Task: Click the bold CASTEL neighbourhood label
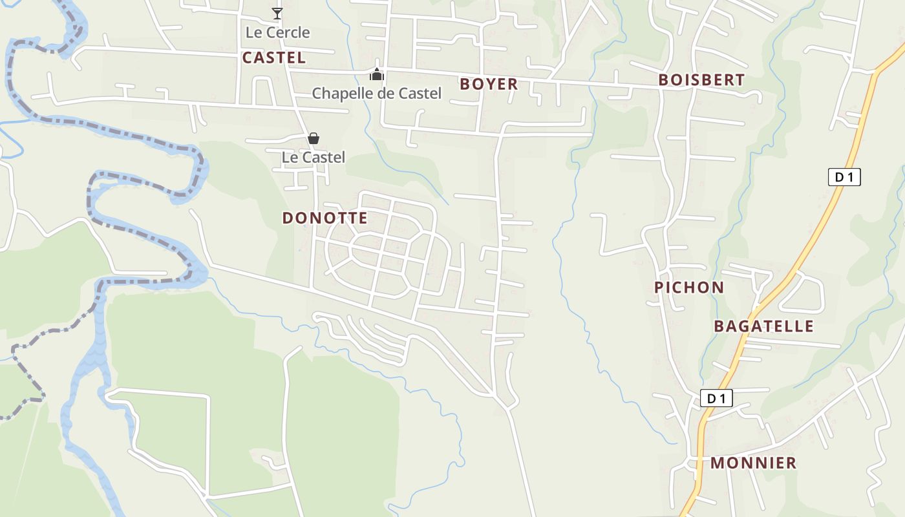[274, 58]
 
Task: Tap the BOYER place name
[489, 84]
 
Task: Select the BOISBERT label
[701, 80]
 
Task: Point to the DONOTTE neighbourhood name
[325, 218]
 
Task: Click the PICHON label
[689, 288]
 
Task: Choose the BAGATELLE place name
[763, 326]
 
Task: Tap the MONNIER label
[753, 463]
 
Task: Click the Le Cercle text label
[278, 32]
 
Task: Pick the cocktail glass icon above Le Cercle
[277, 14]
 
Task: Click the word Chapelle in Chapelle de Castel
[341, 94]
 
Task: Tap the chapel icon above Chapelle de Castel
[376, 74]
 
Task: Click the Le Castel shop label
[314, 157]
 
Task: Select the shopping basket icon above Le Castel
[314, 138]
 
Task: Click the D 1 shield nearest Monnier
[716, 398]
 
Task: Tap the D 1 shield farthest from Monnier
[844, 177]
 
